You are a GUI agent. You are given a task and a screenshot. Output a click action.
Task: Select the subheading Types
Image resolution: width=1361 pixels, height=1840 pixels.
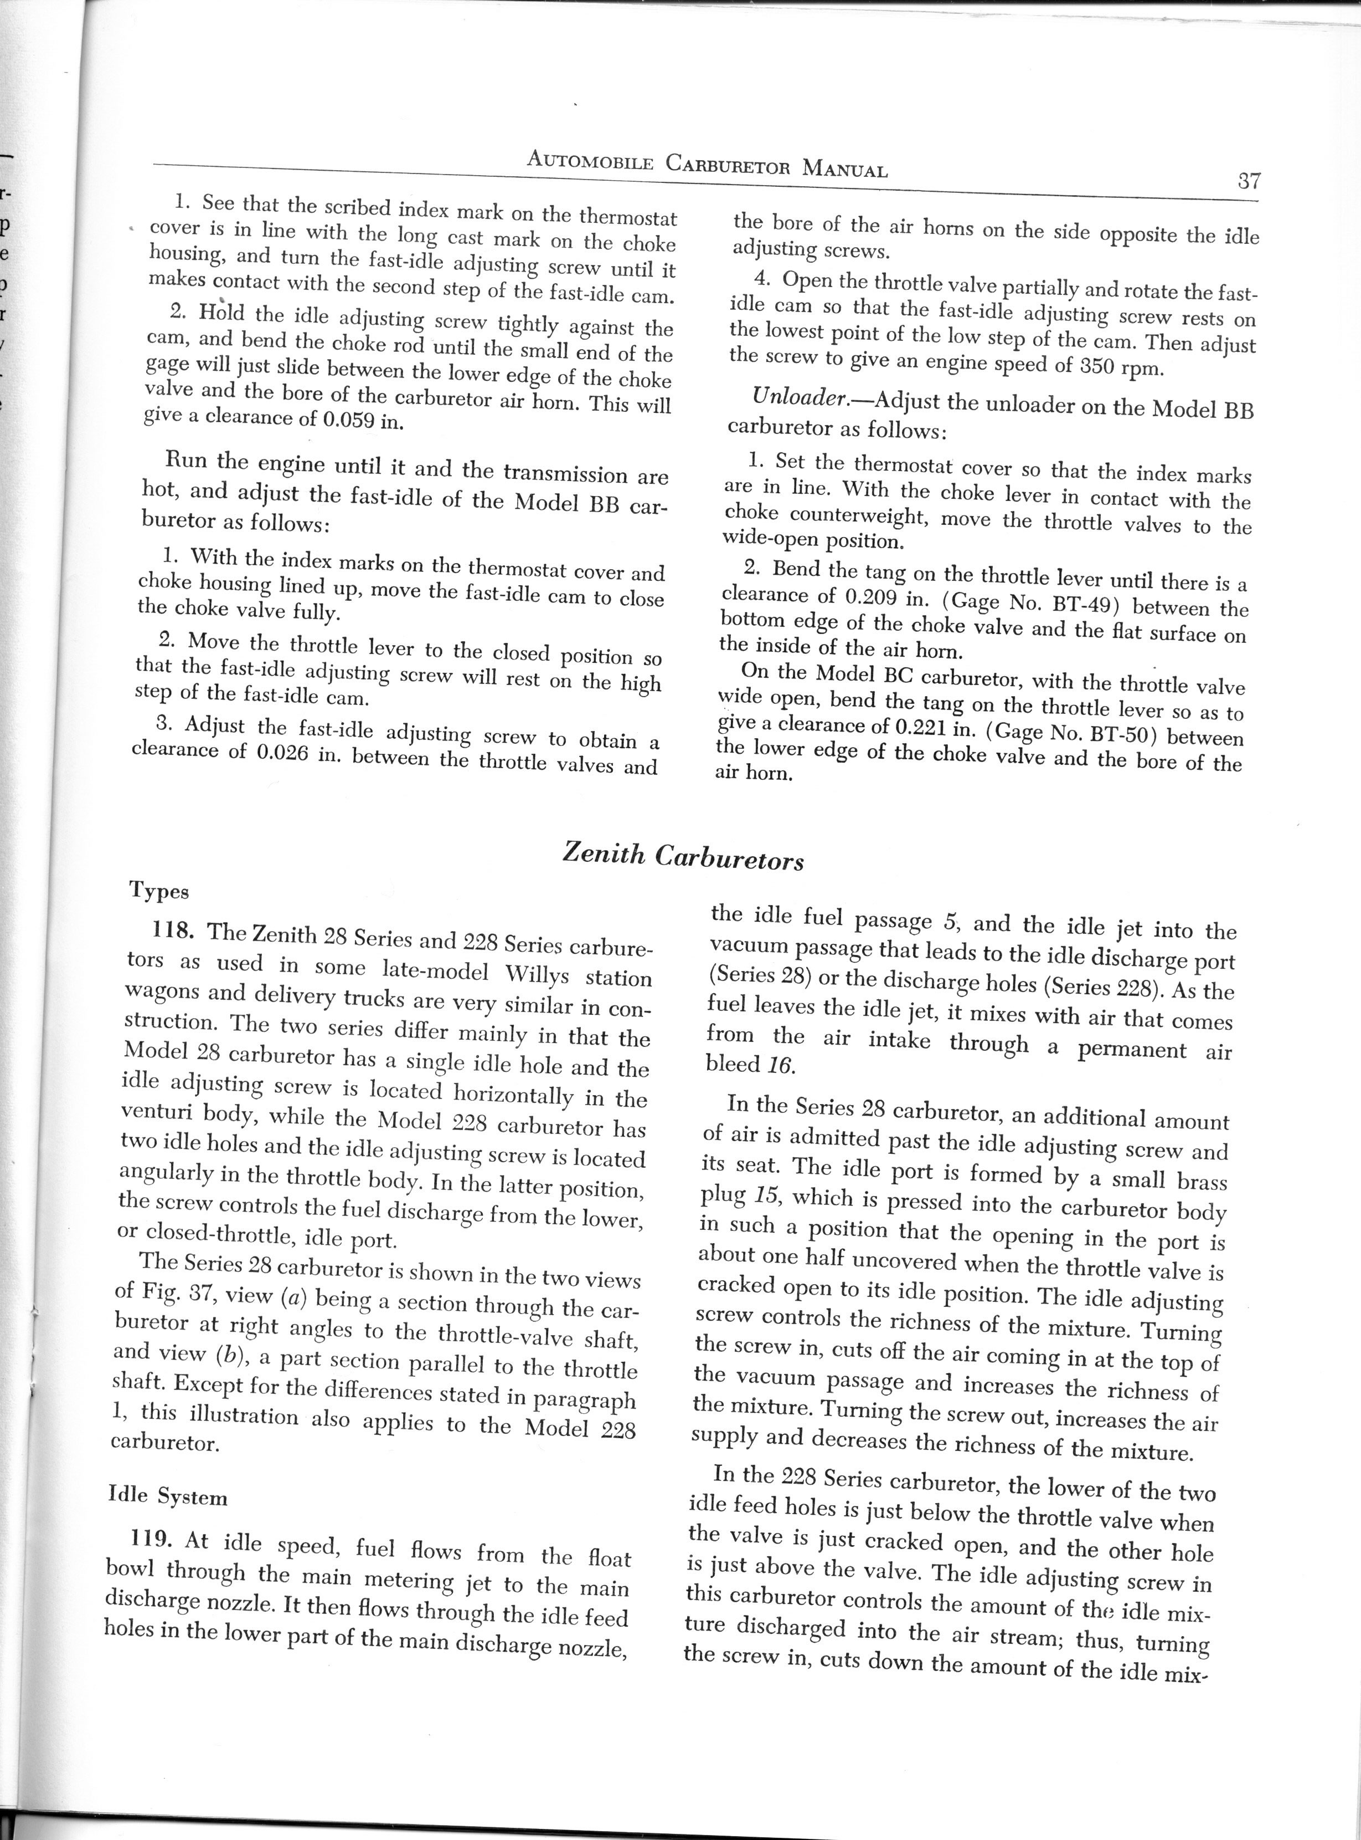click(159, 891)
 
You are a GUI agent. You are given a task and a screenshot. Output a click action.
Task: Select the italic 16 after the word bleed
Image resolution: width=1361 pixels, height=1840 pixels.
click(779, 1066)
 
